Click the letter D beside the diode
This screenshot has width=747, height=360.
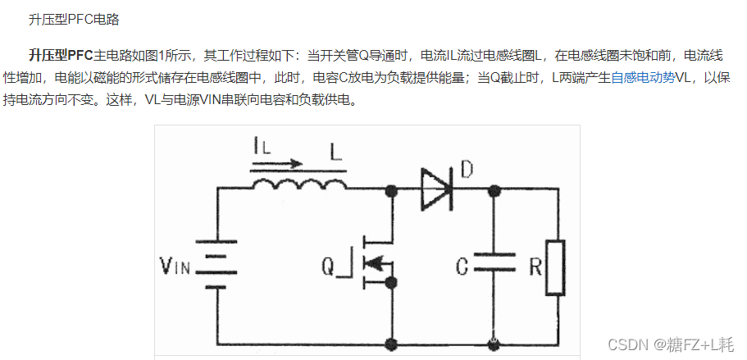(x=467, y=171)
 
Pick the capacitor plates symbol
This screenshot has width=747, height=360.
(x=494, y=262)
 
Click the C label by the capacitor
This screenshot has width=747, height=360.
(x=462, y=267)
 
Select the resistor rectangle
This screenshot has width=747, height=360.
(x=557, y=267)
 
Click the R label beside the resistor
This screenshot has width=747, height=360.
(x=535, y=267)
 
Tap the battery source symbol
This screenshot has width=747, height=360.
(x=218, y=264)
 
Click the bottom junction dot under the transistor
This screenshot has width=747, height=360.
(x=392, y=345)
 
